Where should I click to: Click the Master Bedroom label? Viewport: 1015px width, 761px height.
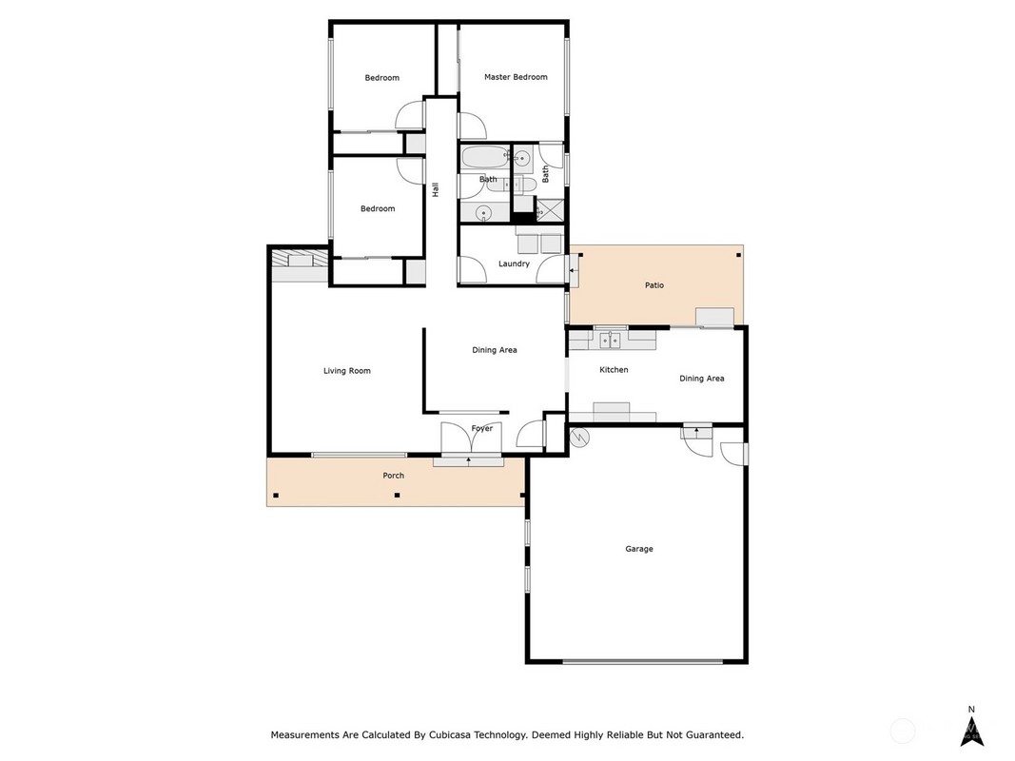[x=516, y=77]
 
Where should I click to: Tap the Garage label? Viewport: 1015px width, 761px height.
[x=639, y=549]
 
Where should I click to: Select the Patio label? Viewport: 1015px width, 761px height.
[x=654, y=284]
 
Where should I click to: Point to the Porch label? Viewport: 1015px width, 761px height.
[x=394, y=475]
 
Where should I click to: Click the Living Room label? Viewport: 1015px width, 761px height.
[x=347, y=371]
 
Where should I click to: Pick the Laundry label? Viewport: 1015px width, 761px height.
[x=514, y=263]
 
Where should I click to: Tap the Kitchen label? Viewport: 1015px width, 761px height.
[x=614, y=369]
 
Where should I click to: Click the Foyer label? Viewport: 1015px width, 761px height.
[x=482, y=428]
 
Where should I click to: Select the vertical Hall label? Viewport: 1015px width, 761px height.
[x=436, y=189]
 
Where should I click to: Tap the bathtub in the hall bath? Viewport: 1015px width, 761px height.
[x=485, y=157]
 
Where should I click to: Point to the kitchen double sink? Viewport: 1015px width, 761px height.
[x=609, y=340]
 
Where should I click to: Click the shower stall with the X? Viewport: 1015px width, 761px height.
[x=550, y=209]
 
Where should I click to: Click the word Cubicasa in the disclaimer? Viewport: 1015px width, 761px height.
[x=449, y=735]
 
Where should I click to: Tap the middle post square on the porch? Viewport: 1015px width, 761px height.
[x=398, y=496]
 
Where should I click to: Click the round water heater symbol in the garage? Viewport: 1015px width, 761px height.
[x=580, y=438]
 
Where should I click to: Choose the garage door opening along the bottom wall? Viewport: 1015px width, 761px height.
[x=642, y=661]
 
